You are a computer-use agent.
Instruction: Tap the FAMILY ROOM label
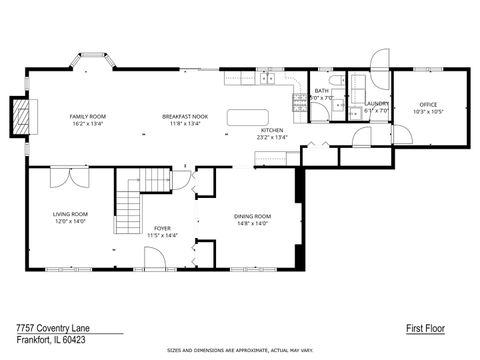(x=88, y=117)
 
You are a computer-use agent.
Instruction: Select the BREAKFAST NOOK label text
(x=185, y=117)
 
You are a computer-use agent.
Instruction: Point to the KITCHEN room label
(x=272, y=131)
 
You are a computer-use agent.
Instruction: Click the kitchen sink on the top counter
(x=267, y=78)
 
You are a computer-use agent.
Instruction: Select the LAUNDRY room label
(x=377, y=103)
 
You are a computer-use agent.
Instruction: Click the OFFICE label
(x=428, y=105)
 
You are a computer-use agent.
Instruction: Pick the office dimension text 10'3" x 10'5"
(x=428, y=112)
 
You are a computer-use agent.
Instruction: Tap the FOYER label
(x=162, y=228)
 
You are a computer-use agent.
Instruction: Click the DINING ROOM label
(x=252, y=217)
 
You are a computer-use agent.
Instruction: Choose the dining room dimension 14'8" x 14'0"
(x=252, y=224)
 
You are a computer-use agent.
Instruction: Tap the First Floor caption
(x=425, y=327)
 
